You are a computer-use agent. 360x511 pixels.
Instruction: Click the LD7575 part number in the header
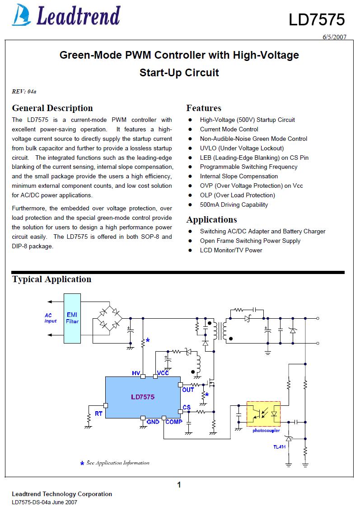(317, 19)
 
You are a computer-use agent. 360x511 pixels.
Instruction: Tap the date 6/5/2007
(334, 37)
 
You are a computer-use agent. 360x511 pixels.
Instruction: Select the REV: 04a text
(24, 92)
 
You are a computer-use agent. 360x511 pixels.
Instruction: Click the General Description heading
(52, 108)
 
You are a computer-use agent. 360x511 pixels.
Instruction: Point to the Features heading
(204, 108)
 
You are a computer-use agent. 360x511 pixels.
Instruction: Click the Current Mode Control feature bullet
(229, 129)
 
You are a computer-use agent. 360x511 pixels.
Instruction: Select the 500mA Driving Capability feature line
(234, 204)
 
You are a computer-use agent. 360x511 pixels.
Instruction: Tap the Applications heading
(211, 220)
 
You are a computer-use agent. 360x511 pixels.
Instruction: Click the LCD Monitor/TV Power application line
(231, 250)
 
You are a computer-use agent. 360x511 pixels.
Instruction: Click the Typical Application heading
(51, 279)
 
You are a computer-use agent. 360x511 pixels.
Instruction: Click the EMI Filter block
(72, 318)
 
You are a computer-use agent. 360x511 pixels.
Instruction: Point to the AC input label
(51, 318)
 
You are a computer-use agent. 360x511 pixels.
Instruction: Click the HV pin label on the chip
(136, 373)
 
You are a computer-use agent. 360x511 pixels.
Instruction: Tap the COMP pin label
(174, 422)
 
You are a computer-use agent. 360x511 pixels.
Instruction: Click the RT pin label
(98, 414)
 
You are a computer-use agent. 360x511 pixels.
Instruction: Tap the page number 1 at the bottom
(179, 485)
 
